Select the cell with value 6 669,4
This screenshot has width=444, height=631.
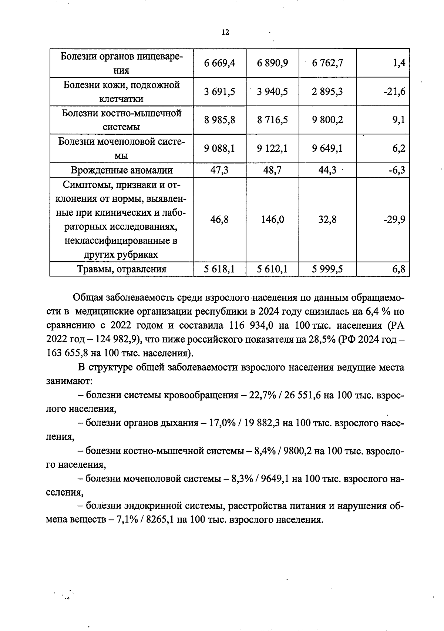pos(219,63)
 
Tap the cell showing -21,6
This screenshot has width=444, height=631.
pos(394,91)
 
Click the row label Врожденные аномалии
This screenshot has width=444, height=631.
pos(121,170)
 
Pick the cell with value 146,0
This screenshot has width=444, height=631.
pos(272,220)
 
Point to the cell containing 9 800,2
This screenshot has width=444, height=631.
pos(327,120)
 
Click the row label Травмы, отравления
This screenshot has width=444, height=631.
pos(121,269)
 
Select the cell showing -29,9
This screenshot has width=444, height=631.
pos(394,220)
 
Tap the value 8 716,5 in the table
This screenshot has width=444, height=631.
pos(272,120)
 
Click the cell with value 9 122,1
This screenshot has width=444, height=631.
pos(272,148)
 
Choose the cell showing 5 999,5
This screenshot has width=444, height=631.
pos(327,269)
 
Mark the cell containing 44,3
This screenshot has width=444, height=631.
pos(327,170)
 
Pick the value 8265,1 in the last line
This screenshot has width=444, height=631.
pos(160,520)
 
